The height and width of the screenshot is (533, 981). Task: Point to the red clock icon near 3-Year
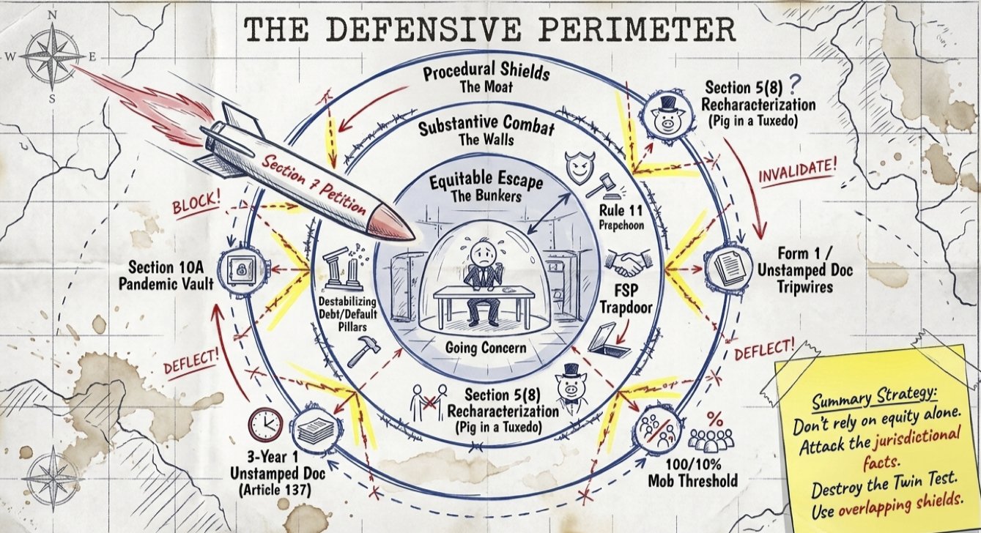point(262,422)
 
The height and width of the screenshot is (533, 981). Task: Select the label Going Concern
point(486,348)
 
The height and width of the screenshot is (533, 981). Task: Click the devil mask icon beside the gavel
point(579,171)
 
